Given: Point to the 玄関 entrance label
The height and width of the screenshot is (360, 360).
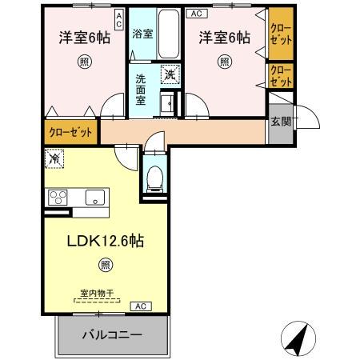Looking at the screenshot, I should tap(280, 122).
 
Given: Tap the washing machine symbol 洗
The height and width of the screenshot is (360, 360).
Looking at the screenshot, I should tap(170, 74).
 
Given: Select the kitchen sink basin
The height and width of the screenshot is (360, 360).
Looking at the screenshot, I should tap(95, 197).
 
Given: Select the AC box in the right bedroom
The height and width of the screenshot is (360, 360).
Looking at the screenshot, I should tap(194, 14).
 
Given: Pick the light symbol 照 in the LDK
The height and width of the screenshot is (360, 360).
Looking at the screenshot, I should tap(104, 265).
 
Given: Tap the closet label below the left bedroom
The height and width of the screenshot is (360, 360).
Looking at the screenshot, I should tap(70, 132).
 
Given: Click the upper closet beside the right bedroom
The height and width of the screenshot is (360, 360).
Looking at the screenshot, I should tap(279, 36).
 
